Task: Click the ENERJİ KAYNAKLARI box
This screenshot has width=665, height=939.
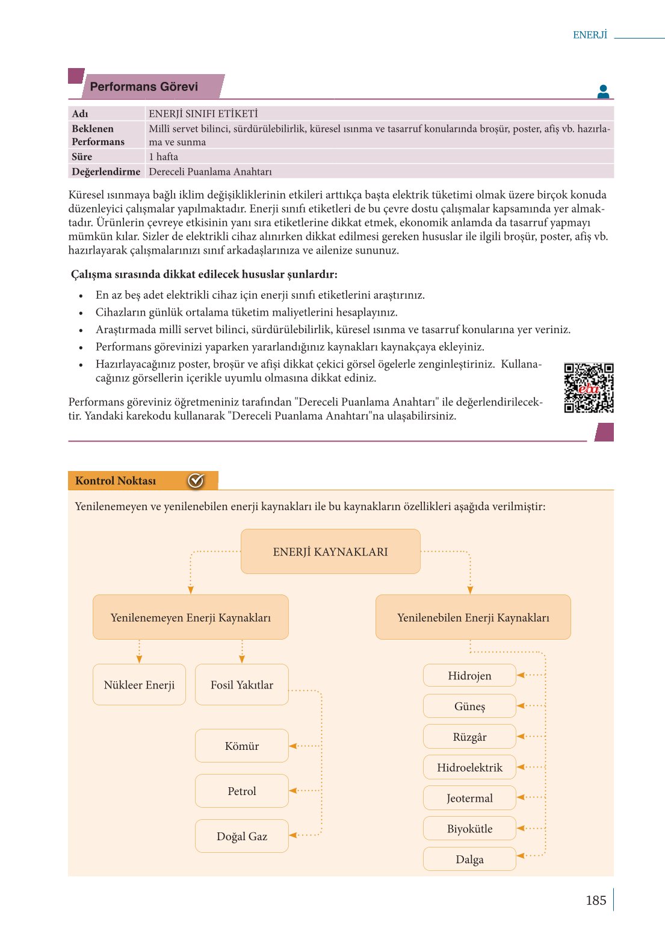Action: click(x=330, y=551)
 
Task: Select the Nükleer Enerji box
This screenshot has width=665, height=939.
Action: click(x=139, y=684)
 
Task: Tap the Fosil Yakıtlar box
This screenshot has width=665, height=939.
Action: click(x=242, y=684)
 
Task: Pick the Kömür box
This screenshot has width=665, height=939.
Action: click(x=242, y=746)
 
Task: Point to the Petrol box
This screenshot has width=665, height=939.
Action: click(x=242, y=791)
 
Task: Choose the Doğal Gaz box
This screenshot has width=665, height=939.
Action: click(x=242, y=836)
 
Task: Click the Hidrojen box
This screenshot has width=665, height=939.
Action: click(x=469, y=675)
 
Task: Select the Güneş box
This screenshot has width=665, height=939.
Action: click(x=469, y=706)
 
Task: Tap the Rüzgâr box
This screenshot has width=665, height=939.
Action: click(x=469, y=737)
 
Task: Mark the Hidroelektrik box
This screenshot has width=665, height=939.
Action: click(x=469, y=767)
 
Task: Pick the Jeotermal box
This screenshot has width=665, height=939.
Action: click(x=469, y=798)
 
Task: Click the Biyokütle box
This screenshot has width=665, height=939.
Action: click(x=469, y=829)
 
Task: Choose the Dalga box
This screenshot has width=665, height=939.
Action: click(x=469, y=859)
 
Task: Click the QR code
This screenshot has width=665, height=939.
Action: click(x=589, y=388)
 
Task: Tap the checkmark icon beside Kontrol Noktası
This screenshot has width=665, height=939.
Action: click(x=196, y=481)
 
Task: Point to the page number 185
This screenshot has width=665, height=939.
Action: click(x=596, y=900)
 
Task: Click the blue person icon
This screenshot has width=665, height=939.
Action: click(x=604, y=92)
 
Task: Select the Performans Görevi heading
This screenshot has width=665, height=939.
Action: click(x=144, y=87)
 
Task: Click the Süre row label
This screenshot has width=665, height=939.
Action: click(x=82, y=157)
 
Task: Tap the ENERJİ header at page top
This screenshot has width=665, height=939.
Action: click(x=590, y=35)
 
